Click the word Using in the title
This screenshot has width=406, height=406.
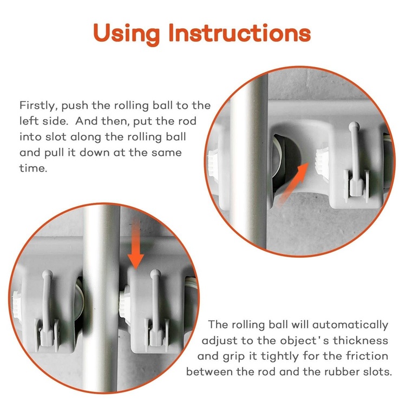[x=126, y=34]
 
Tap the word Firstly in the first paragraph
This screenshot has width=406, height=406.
[x=37, y=106]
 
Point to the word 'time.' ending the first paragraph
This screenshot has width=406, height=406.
[x=34, y=168]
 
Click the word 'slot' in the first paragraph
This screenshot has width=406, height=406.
[x=55, y=137]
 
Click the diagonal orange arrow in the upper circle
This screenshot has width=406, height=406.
[x=292, y=185]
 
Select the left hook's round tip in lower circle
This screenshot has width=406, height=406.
[x=48, y=274]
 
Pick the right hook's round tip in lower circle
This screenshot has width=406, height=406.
[x=155, y=274]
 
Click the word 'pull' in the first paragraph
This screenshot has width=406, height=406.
[x=54, y=153]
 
